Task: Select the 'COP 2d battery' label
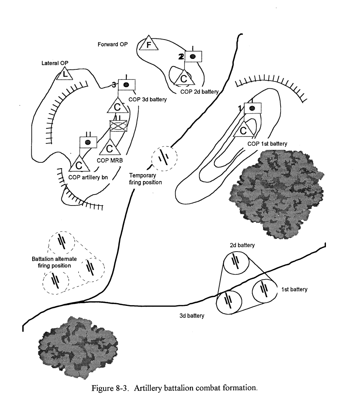pos(199,92)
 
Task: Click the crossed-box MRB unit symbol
pos(118,126)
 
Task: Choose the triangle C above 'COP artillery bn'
pos(80,163)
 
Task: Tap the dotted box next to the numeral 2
pos(193,57)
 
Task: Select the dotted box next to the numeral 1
pos(252,108)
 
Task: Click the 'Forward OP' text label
pos(110,44)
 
